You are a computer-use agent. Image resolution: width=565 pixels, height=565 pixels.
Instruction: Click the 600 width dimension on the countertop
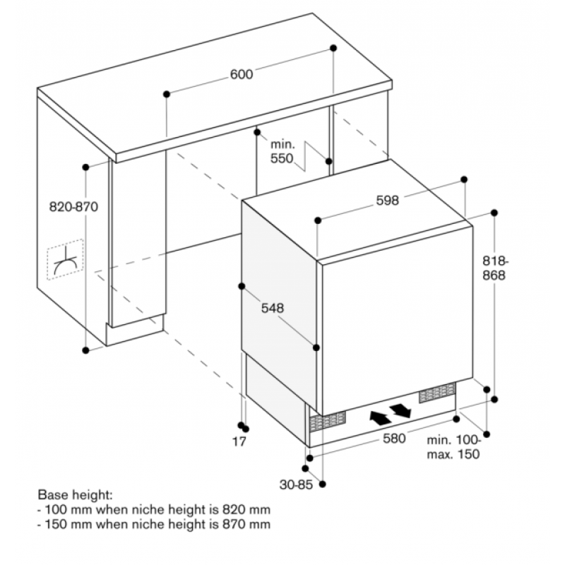tap(242, 74)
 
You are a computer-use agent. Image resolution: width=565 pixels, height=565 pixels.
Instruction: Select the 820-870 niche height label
tap(73, 207)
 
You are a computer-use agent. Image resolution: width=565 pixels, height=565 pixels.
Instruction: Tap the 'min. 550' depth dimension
tap(282, 151)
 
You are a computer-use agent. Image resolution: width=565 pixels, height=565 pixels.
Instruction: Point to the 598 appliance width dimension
tap(387, 201)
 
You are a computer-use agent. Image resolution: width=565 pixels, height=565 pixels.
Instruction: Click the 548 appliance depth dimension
tap(273, 308)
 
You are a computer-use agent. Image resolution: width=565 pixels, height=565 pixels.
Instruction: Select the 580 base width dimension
tap(394, 438)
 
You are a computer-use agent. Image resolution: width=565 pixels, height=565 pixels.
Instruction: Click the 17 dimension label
tap(239, 441)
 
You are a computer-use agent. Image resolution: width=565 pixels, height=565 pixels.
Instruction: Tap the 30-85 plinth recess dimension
tap(296, 484)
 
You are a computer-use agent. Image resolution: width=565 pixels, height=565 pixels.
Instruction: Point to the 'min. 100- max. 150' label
tap(453, 447)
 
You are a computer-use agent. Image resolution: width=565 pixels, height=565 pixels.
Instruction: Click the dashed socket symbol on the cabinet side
tap(66, 259)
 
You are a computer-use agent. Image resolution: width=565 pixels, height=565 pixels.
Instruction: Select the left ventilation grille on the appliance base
tap(328, 422)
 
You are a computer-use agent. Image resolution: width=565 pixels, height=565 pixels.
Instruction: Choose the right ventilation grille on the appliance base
tap(437, 393)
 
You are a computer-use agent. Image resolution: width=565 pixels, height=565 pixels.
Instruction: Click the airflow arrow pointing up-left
tap(380, 417)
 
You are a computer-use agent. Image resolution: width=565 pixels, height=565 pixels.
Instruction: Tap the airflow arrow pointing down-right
tap(400, 410)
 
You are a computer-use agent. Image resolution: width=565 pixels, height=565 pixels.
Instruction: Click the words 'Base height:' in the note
tap(75, 495)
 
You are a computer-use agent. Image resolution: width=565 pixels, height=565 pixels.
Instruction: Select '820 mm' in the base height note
tap(246, 509)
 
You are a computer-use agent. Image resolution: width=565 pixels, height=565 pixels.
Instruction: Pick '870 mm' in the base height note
tap(246, 524)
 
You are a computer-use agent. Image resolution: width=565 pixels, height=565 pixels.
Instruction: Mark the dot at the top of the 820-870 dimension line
tap(85, 167)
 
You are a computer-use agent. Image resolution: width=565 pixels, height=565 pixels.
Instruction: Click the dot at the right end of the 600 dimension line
tap(333, 48)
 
